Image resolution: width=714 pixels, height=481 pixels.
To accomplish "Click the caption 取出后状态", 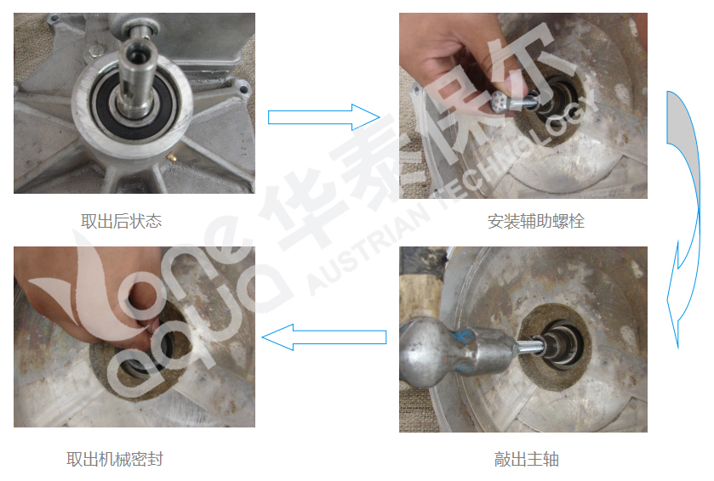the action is coord(121,222).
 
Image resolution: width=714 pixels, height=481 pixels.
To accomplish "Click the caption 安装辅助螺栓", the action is coord(536,222).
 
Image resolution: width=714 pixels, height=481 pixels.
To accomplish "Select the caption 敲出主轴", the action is coord(527,459).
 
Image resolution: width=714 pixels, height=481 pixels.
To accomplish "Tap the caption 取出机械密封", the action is coord(115,459).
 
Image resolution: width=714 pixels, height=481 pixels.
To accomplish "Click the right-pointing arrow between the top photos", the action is coord(323,116).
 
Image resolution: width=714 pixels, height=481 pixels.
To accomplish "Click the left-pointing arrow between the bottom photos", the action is coord(323,337).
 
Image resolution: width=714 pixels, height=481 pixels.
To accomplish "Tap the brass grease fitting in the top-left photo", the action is coord(172,158).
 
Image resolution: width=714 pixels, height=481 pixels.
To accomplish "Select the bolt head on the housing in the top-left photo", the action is coord(95,50).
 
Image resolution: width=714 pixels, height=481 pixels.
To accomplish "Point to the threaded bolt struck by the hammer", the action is coord(529,347).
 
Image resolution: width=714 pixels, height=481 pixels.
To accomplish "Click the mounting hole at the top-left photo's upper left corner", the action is coord(55,19).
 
